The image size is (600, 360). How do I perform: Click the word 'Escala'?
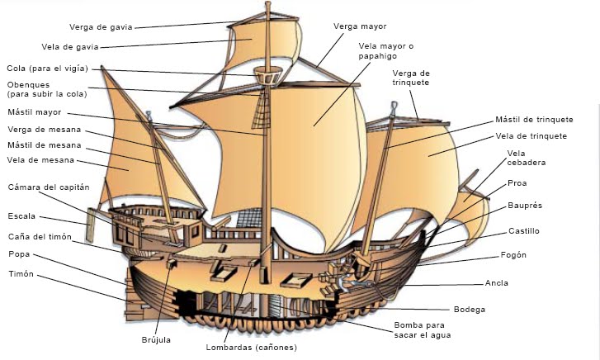click(21, 216)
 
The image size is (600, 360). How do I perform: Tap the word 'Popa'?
click(18, 256)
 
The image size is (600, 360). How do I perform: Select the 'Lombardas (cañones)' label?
click(250, 347)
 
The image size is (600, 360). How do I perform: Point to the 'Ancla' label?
click(498, 282)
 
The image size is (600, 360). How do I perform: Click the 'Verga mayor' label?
click(360, 26)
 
